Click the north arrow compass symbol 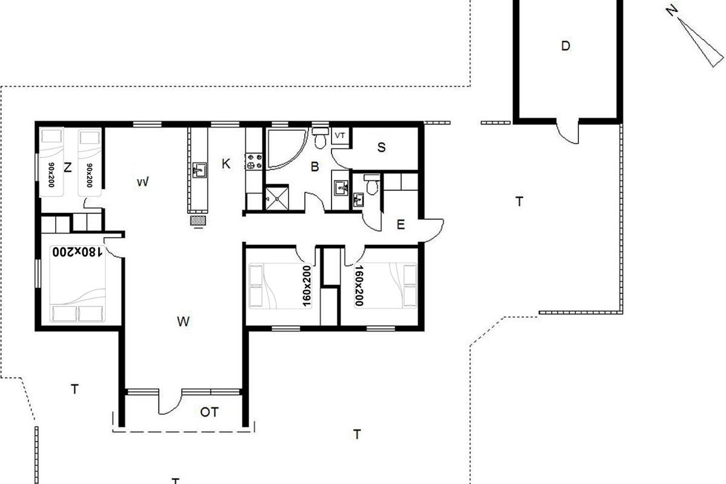pyautogui.click(x=697, y=38)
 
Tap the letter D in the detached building pyautogui.click(x=566, y=46)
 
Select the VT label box pyautogui.click(x=340, y=136)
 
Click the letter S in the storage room pyautogui.click(x=382, y=148)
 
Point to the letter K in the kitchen pyautogui.click(x=226, y=164)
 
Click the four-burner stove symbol pyautogui.click(x=255, y=162)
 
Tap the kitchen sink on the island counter pyautogui.click(x=199, y=170)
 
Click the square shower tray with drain pyautogui.click(x=277, y=198)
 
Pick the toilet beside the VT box pyautogui.click(x=320, y=138)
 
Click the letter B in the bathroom pyautogui.click(x=315, y=166)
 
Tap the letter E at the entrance pyautogui.click(x=401, y=224)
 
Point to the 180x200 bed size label pyautogui.click(x=78, y=252)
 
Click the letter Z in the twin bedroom pyautogui.click(x=67, y=168)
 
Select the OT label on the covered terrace pyautogui.click(x=209, y=413)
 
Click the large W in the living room pyautogui.click(x=183, y=322)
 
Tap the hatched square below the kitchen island pyautogui.click(x=198, y=221)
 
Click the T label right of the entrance pyautogui.click(x=519, y=201)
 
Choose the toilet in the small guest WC pyautogui.click(x=371, y=185)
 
